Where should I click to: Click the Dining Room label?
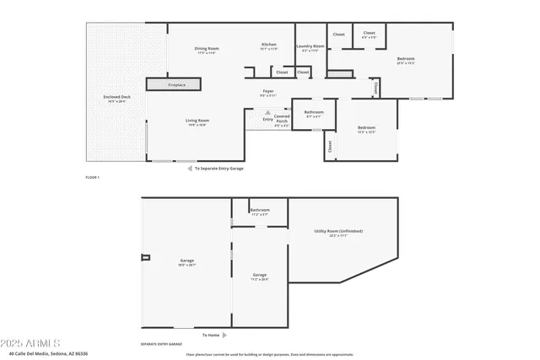click(x=206, y=50)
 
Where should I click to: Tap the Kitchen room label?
click(x=268, y=46)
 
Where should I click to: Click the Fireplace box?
click(x=175, y=84)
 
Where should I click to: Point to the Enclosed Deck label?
click(x=116, y=99)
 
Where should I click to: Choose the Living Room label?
click(x=197, y=122)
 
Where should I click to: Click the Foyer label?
click(x=268, y=93)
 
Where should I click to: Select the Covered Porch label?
click(x=282, y=120)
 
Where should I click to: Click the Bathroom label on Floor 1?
click(x=314, y=113)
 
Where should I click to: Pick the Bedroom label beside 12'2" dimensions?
click(x=365, y=129)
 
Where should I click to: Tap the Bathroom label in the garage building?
click(x=259, y=211)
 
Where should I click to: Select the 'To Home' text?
click(x=212, y=335)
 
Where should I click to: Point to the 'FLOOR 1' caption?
click(x=93, y=178)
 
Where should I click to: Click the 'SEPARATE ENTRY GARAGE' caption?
click(x=161, y=345)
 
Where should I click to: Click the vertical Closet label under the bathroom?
click(x=329, y=147)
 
